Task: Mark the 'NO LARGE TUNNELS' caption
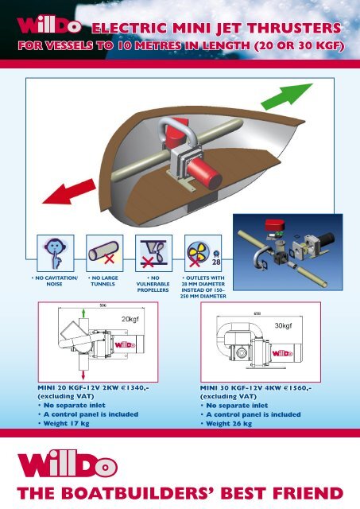tap(103, 281)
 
